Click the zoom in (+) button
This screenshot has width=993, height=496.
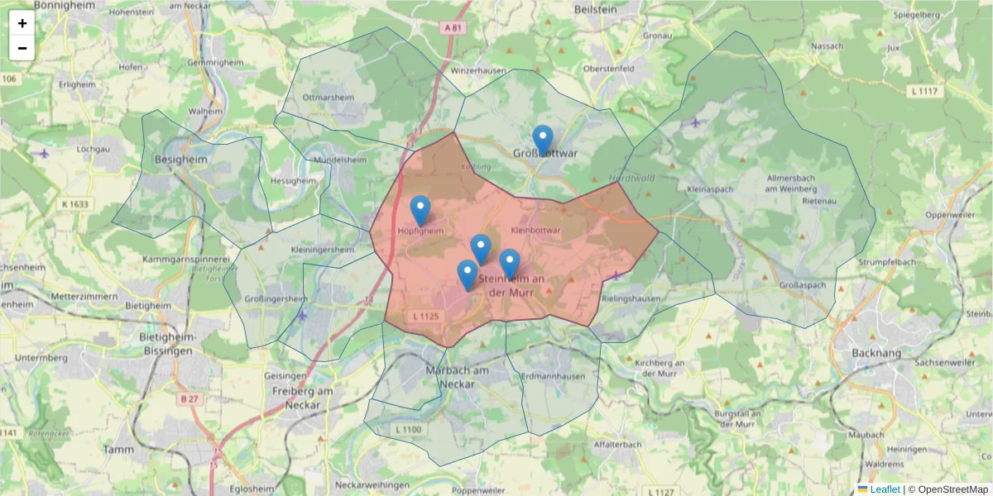[22, 23]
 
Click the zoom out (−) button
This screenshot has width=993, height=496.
[22, 48]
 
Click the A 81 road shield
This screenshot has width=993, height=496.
[451, 28]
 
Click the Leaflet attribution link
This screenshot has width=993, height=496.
[884, 489]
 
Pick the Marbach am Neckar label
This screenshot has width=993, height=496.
[449, 377]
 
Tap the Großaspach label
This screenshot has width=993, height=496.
[803, 285]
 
